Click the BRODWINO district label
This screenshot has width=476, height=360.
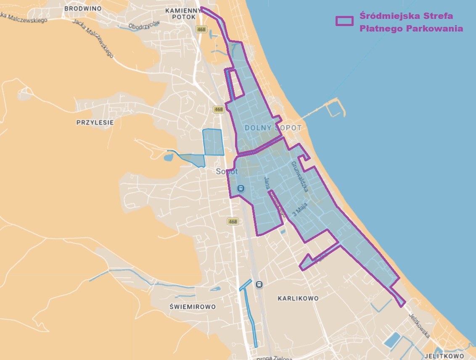click(x=83, y=8)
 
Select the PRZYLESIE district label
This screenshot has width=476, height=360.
click(x=95, y=123)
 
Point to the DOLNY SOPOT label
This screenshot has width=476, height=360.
click(x=273, y=128)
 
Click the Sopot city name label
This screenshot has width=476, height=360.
click(x=227, y=171)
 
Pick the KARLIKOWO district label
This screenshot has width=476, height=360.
click(x=298, y=298)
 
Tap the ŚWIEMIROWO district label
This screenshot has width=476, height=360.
click(x=193, y=307)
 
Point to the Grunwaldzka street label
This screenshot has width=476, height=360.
click(x=300, y=176)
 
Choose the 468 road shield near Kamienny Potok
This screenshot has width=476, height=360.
click(x=201, y=29)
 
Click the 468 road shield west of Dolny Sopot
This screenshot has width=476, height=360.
click(x=218, y=109)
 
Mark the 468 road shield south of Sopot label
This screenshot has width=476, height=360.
click(x=233, y=221)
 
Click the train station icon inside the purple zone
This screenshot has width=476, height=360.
click(x=241, y=189)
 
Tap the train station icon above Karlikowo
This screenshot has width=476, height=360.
click(x=259, y=284)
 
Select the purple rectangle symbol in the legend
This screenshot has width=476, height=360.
click(x=344, y=21)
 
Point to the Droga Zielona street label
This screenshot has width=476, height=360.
click(x=273, y=357)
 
